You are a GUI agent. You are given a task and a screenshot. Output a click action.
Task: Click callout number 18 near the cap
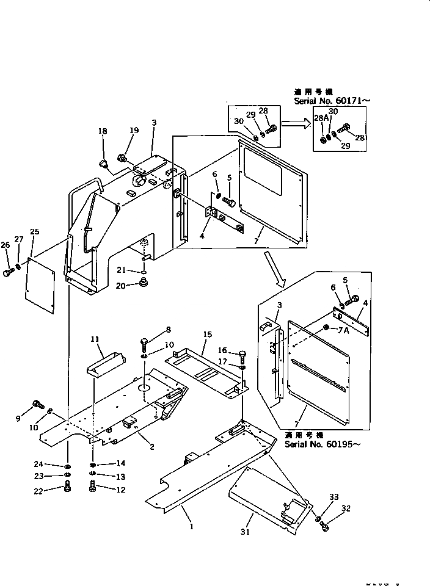102,131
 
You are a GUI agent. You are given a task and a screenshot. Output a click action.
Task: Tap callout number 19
134,130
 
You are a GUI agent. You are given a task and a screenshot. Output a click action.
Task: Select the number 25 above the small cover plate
34,232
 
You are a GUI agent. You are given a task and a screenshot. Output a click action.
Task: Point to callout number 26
5,245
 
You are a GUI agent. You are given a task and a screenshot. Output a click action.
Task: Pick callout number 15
208,335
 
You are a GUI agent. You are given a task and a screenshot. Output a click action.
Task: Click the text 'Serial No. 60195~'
322,444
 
